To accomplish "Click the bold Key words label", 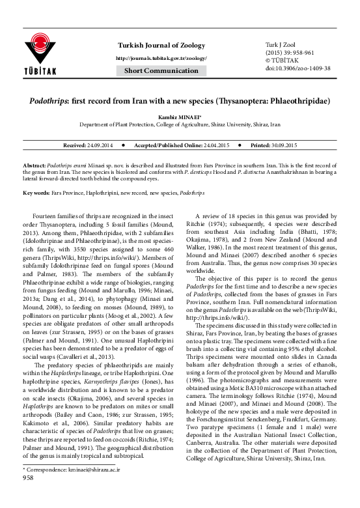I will (x=37, y=193).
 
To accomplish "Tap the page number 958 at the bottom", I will (x=29, y=495).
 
